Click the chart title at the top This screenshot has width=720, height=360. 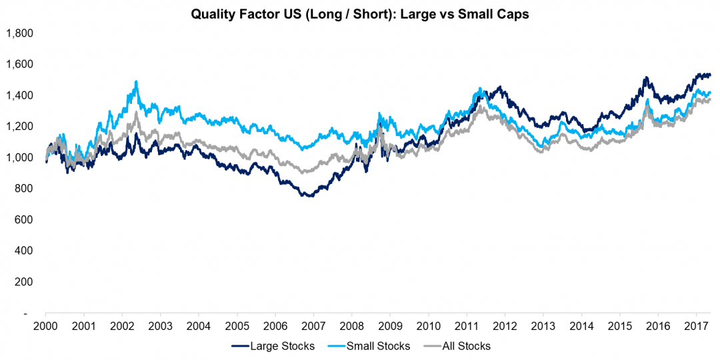pyautogui.click(x=360, y=14)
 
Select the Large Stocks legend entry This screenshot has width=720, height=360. pyautogui.click(x=276, y=346)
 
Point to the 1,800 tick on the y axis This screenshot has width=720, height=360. pyautogui.click(x=19, y=33)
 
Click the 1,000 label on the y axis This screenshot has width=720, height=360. pyautogui.click(x=19, y=157)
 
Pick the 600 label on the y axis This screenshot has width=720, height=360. pyautogui.click(x=24, y=219)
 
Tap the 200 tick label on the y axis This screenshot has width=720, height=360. pyautogui.click(x=24, y=282)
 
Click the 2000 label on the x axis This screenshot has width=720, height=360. pyautogui.click(x=45, y=327)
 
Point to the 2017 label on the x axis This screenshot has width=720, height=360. pyautogui.click(x=695, y=327)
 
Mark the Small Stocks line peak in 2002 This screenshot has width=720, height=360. pyautogui.click(x=137, y=82)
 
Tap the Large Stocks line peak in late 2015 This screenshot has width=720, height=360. pyautogui.click(x=645, y=78)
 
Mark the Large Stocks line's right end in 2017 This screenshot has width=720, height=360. pyautogui.click(x=710, y=75)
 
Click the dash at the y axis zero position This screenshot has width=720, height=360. pyautogui.click(x=26, y=313)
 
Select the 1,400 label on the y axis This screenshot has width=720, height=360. pyautogui.click(x=19, y=95)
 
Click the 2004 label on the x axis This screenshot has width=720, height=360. pyautogui.click(x=198, y=327)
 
